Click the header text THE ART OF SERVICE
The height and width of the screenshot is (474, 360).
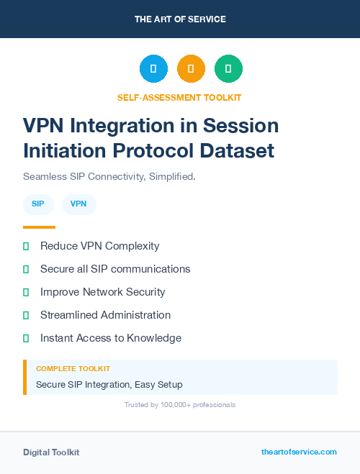[180, 19]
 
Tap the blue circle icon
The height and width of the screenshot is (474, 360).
[153, 68]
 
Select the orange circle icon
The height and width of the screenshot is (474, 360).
[191, 68]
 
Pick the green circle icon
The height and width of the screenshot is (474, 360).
[228, 68]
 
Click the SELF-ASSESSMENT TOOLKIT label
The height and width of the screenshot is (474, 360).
[179, 97]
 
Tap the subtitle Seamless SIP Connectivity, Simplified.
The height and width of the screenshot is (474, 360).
[109, 176]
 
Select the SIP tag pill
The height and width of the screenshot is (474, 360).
[38, 204]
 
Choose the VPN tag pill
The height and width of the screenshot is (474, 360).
[78, 204]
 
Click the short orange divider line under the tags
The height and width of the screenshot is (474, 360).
[39, 227]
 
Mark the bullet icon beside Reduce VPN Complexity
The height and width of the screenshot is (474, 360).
[26, 246]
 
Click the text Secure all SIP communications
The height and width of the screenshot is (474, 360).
[115, 269]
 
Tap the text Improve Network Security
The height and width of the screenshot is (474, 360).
[103, 292]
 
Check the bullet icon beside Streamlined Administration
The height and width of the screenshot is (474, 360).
[26, 315]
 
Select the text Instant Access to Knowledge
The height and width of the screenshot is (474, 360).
[111, 338]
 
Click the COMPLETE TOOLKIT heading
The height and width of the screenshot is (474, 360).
[73, 368]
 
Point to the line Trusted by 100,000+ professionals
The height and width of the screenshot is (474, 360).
[180, 405]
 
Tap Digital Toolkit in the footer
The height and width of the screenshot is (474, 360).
[51, 452]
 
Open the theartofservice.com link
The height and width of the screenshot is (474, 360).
[299, 452]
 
